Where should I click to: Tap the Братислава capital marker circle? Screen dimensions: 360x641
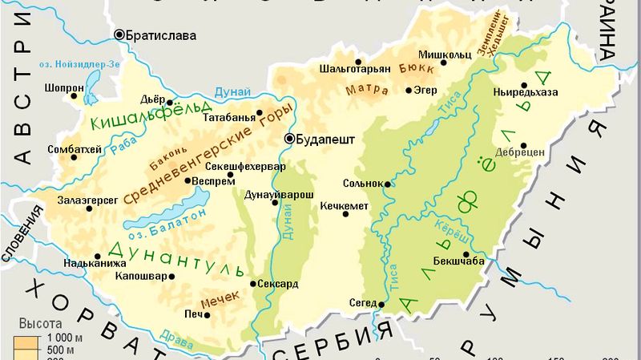coord(119,34)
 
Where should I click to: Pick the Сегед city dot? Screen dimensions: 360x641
coord(382,304)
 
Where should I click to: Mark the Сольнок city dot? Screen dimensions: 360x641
coord(388,184)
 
